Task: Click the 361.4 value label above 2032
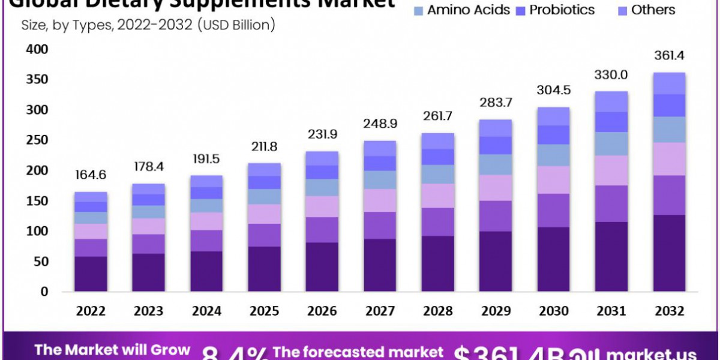tap(670, 56)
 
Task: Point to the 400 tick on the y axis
tap(37, 50)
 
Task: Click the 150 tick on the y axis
tap(37, 202)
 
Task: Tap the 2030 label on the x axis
tap(554, 311)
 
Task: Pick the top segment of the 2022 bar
tap(91, 197)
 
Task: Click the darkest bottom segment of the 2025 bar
tap(265, 269)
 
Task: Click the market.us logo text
tap(651, 353)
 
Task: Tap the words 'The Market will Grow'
tap(112, 350)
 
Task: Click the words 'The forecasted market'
tap(358, 352)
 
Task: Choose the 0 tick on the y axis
tap(44, 292)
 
